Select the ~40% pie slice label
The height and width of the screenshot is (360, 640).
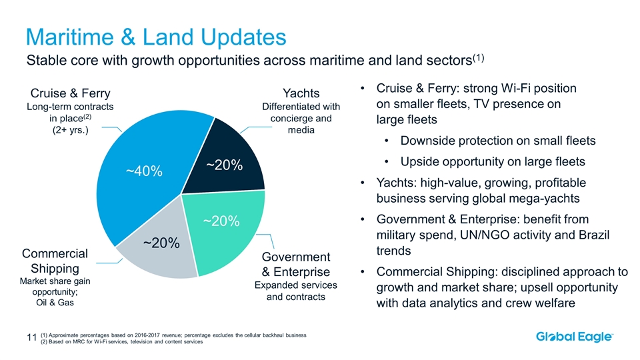coord(145,171)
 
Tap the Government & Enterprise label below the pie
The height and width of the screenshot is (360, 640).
coord(296,265)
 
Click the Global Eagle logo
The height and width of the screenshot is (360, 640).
coord(575,337)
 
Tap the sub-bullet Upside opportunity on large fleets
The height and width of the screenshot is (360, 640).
coord(493,161)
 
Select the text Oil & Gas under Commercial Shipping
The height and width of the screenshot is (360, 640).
coord(55,303)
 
